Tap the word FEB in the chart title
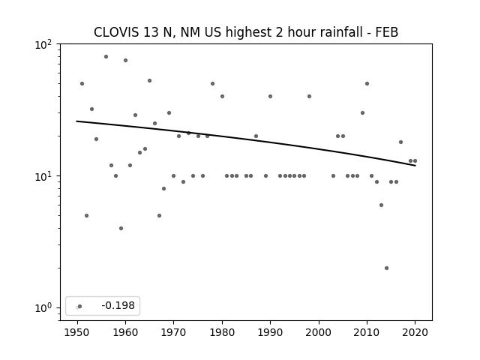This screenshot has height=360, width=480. [x=387, y=32]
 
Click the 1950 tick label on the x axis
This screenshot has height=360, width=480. [x=77, y=332]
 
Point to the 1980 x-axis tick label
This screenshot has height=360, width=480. [x=222, y=332]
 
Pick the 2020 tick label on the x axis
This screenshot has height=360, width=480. [x=415, y=332]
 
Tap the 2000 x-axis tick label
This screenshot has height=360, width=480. [x=319, y=332]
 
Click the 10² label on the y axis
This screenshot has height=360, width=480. [x=43, y=45]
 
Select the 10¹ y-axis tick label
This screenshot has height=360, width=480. [x=43, y=177]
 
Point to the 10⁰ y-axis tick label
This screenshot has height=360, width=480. [x=43, y=308]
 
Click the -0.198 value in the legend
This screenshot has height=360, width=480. [x=118, y=305]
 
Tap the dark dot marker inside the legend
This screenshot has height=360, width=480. [x=80, y=306]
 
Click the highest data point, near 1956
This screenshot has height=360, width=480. [x=106, y=57]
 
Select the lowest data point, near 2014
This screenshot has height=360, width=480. [x=386, y=268]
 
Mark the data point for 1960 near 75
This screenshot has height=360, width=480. [x=125, y=60]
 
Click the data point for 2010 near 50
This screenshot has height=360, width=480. [x=367, y=83]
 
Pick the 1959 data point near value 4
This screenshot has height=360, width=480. [x=121, y=228]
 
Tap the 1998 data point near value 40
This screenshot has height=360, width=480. [x=309, y=97]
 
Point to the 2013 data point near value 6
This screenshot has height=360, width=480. [x=381, y=205]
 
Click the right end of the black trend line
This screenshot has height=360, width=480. [x=415, y=166]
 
